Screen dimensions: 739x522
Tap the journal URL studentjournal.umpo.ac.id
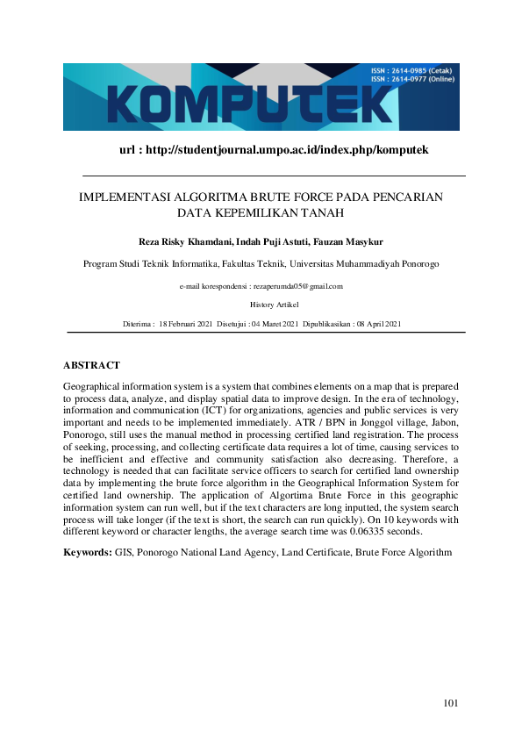pos(272,150)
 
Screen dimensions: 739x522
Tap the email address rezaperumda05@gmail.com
pos(298,286)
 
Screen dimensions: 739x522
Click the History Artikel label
pos(274,305)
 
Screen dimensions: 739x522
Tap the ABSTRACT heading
pos(91,365)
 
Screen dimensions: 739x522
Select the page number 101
pos(451,703)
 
